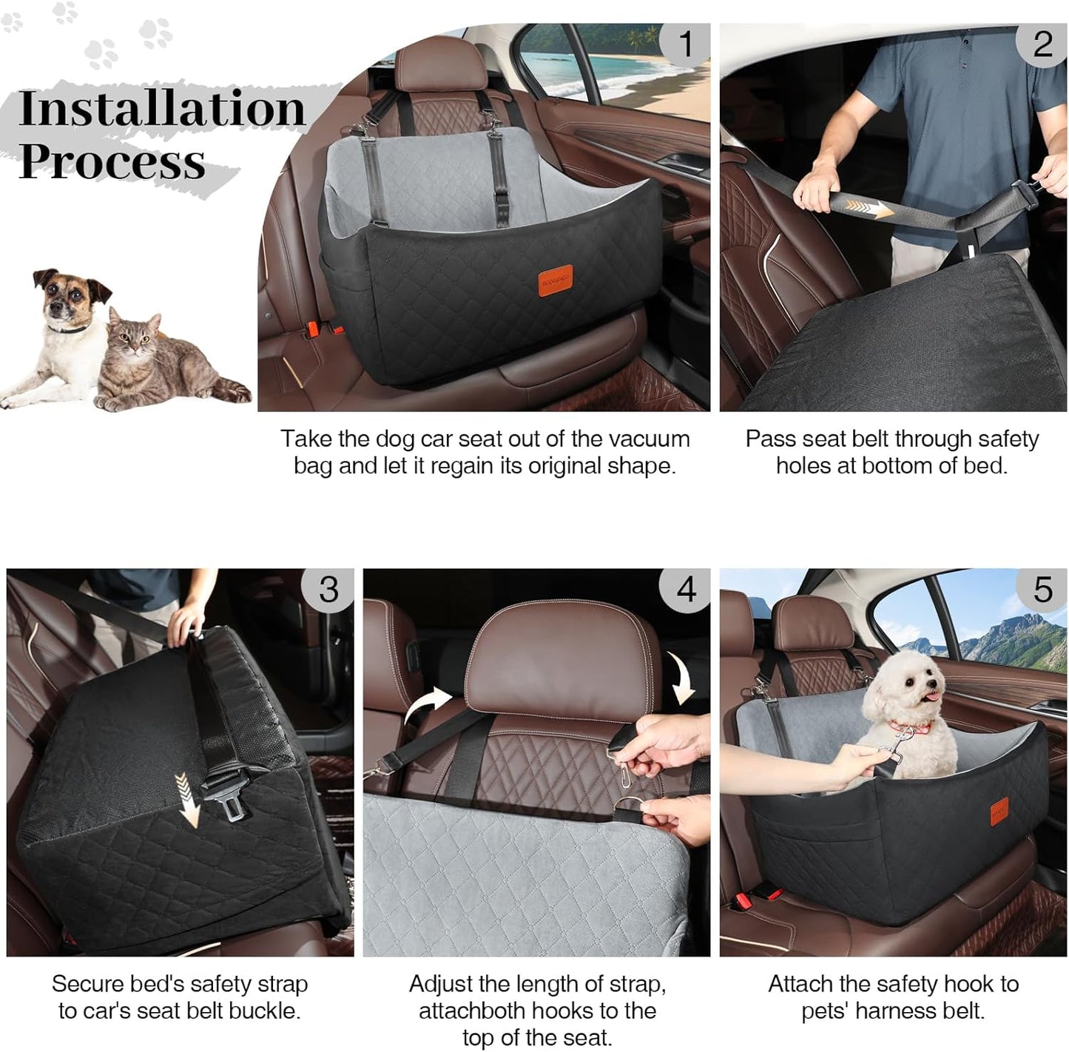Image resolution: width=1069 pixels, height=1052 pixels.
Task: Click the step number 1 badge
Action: click(685, 44)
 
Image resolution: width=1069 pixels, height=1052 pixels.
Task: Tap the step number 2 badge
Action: click(1042, 44)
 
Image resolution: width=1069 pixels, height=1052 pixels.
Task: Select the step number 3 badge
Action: click(328, 590)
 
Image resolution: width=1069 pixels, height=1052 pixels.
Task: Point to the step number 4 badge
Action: click(686, 590)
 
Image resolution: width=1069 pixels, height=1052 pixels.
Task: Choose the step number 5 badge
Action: click(1042, 590)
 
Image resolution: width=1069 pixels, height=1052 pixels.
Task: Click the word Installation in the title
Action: click(161, 109)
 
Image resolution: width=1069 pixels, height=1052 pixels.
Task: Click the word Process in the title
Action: click(112, 161)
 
